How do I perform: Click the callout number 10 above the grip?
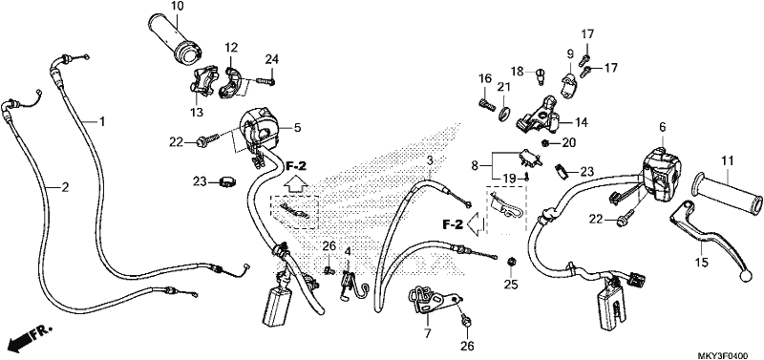pyautogui.click(x=178, y=7)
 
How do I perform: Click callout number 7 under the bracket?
pyautogui.click(x=427, y=333)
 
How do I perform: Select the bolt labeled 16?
pyautogui.click(x=484, y=104)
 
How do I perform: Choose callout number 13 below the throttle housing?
pyautogui.click(x=196, y=113)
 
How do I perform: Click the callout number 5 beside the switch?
pyautogui.click(x=297, y=128)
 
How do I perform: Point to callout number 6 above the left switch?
pyautogui.click(x=662, y=127)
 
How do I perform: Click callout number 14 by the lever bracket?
pyautogui.click(x=582, y=122)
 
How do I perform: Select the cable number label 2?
pyautogui.click(x=65, y=186)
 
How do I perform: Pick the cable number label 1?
pyautogui.click(x=102, y=121)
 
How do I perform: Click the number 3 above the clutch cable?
pyautogui.click(x=430, y=160)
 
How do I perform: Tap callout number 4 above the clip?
pyautogui.click(x=348, y=252)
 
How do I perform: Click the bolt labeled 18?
pyautogui.click(x=540, y=76)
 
